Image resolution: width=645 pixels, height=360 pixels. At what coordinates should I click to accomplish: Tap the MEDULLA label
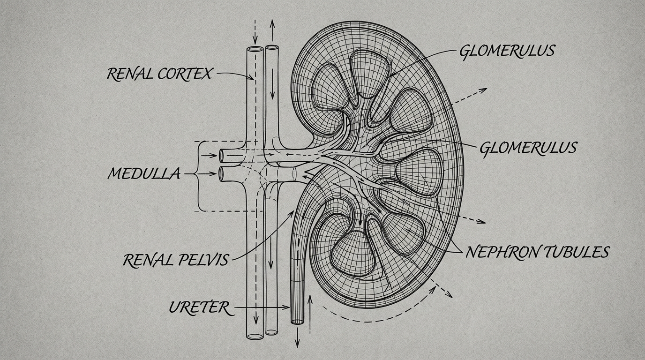143,174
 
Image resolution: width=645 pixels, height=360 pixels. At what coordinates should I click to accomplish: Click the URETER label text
199,308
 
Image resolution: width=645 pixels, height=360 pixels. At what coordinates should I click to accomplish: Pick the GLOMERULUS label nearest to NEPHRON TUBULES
527,148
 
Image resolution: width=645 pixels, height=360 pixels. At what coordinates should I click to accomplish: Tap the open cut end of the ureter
297,322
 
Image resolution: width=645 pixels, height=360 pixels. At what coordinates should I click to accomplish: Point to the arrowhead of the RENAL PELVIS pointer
295,212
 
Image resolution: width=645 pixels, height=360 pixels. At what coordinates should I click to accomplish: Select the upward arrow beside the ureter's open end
309,297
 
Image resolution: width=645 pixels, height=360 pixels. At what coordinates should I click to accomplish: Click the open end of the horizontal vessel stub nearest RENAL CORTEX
221,154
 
